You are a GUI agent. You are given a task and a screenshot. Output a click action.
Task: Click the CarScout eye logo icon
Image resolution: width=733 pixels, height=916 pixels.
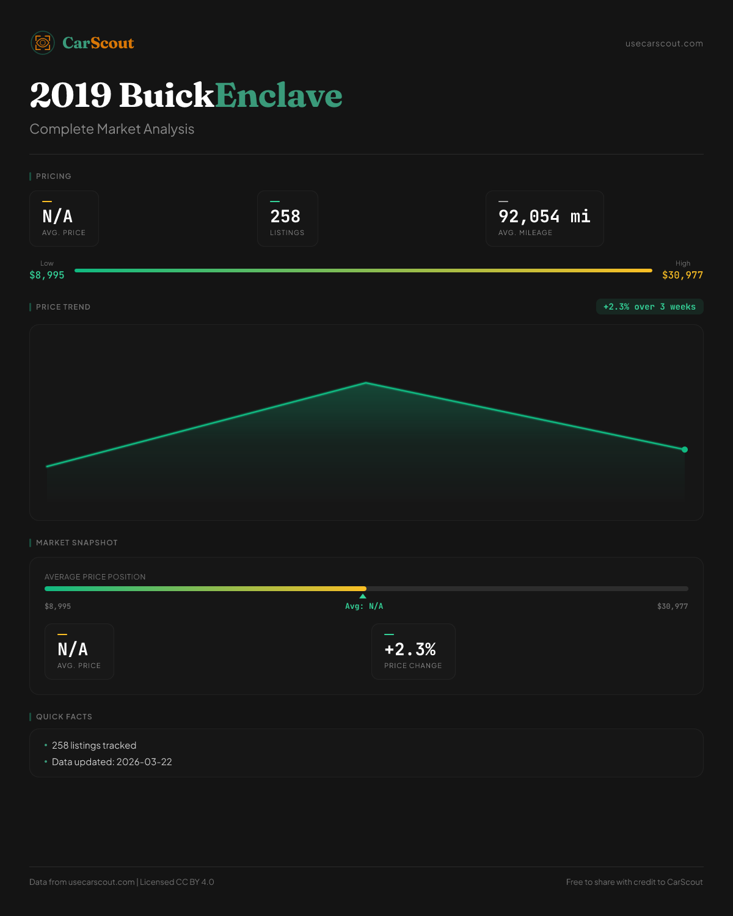click(43, 43)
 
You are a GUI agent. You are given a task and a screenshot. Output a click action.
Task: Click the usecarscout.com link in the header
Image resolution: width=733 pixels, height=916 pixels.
click(664, 43)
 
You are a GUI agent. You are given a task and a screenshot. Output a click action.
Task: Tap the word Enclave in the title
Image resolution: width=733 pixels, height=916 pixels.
click(279, 95)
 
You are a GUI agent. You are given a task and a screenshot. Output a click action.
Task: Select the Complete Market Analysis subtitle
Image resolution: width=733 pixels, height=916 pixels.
click(112, 129)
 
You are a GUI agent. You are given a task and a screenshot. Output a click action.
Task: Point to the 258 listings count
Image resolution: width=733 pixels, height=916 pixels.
click(285, 216)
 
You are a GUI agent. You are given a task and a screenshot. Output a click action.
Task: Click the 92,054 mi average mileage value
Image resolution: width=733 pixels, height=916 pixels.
click(544, 216)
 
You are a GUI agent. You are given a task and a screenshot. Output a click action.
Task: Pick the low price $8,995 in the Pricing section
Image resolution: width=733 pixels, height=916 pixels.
click(47, 275)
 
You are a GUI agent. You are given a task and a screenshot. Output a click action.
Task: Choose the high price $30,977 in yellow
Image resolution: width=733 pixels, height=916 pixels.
click(682, 275)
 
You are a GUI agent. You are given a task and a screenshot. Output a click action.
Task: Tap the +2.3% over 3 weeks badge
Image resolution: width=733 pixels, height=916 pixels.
click(649, 307)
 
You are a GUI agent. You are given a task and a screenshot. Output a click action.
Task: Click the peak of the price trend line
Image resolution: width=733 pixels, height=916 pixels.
click(366, 383)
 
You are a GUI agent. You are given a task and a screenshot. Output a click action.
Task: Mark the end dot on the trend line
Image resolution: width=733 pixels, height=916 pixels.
click(685, 449)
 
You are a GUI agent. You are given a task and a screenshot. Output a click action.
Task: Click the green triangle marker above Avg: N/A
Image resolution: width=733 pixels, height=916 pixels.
click(363, 596)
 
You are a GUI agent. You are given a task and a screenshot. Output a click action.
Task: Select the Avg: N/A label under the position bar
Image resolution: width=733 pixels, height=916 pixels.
click(364, 606)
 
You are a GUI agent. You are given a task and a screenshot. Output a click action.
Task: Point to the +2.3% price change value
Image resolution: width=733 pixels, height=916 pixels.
click(410, 649)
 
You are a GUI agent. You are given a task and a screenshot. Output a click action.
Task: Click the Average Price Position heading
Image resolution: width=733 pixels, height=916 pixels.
click(95, 576)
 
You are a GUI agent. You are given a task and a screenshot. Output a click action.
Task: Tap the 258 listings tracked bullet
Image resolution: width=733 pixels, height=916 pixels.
click(94, 745)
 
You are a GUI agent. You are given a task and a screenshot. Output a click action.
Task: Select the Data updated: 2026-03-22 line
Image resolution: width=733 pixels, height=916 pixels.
click(112, 762)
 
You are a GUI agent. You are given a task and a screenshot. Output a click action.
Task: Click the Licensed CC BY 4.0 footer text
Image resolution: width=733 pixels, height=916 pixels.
click(177, 882)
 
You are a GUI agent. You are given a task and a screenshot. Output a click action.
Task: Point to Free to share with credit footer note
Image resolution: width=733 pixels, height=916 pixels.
click(634, 882)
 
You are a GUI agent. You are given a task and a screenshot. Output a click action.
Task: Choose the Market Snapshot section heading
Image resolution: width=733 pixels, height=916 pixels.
click(77, 542)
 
